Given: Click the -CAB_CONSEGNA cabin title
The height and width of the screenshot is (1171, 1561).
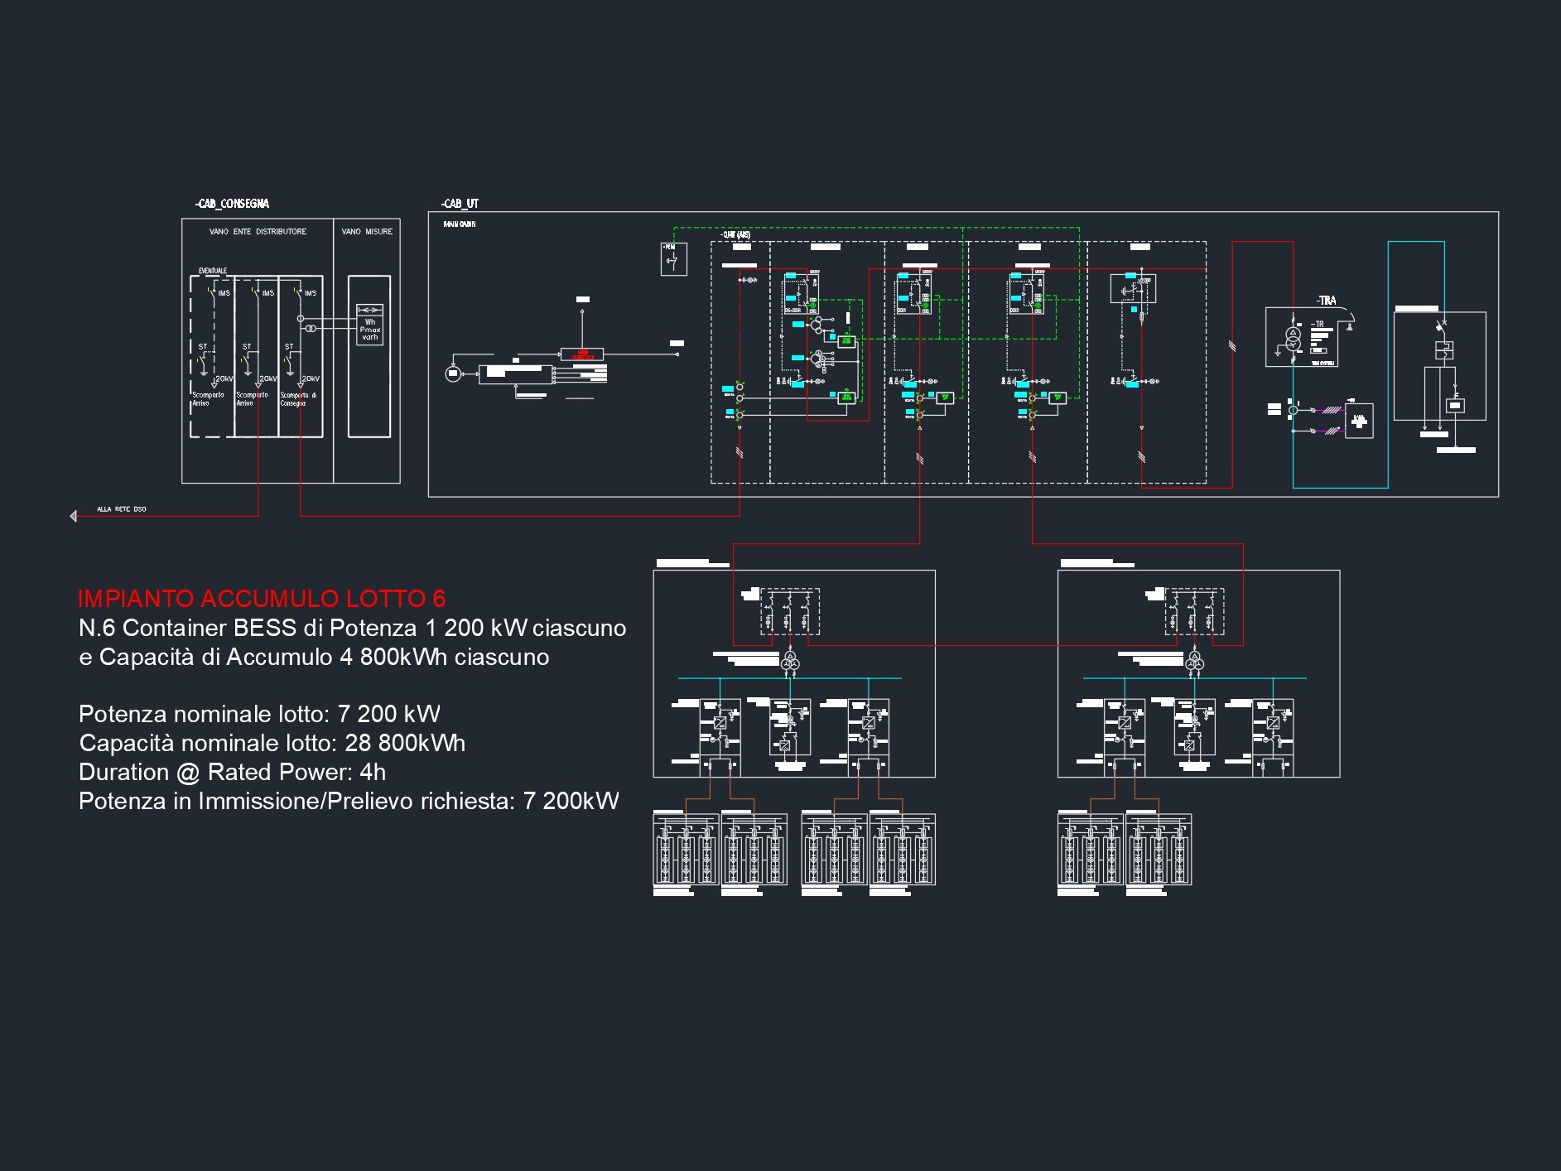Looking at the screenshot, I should click(x=233, y=204).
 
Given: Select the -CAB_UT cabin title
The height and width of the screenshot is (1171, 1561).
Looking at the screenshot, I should click(x=460, y=204).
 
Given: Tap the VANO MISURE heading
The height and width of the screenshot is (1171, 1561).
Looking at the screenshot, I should click(x=367, y=232).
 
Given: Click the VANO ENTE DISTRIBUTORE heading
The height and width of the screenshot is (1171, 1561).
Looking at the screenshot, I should click(x=258, y=232).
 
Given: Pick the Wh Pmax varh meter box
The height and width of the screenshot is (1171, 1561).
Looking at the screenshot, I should click(x=369, y=325).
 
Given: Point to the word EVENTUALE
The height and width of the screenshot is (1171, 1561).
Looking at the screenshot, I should click(x=213, y=271).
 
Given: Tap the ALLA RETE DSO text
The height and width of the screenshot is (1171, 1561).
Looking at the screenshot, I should click(x=122, y=509).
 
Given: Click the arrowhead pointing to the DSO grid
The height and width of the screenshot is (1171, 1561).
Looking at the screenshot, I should click(x=74, y=517).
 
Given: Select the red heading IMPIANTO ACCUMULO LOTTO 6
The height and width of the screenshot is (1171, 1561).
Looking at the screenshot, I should click(x=262, y=599).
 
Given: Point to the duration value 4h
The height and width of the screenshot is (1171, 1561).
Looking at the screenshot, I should click(x=373, y=772).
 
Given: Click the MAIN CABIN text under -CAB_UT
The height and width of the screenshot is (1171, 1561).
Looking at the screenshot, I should click(x=459, y=224).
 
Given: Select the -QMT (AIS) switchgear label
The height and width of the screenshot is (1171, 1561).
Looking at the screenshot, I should click(x=735, y=234).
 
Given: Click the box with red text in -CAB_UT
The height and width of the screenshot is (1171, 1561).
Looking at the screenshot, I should click(x=582, y=355).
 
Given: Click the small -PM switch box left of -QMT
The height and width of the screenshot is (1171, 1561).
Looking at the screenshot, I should click(x=673, y=259).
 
